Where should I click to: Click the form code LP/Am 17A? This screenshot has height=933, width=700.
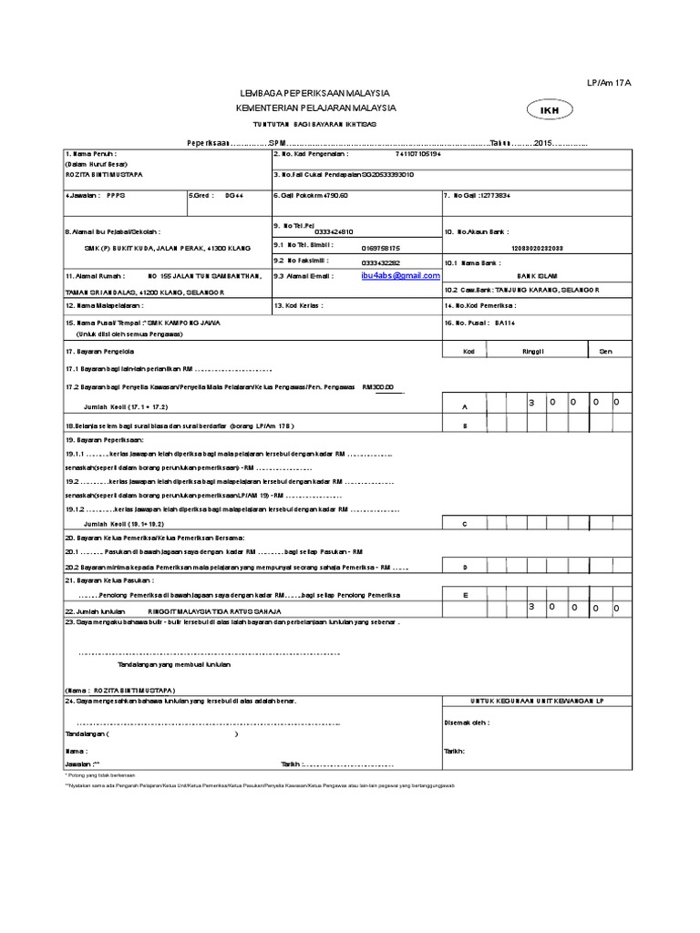coord(609,83)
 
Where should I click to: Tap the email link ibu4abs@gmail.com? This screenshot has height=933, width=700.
coord(401,275)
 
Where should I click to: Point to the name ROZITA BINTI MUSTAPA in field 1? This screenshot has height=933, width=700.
coord(104,173)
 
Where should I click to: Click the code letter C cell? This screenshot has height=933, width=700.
coord(465,525)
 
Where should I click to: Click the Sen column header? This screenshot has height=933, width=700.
coord(605,351)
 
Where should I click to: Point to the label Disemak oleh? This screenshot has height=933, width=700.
coord(467,722)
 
